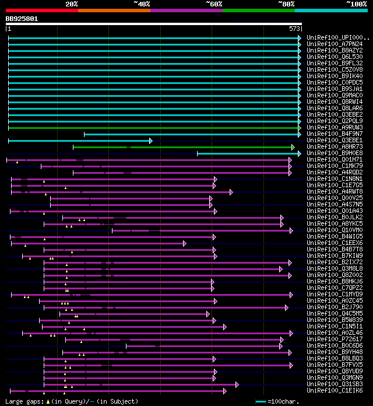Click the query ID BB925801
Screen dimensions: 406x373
pyautogui.click(x=22, y=19)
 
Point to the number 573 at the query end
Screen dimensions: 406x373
pyautogui.click(x=295, y=29)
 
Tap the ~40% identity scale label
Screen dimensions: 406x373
pyautogui.click(x=142, y=3)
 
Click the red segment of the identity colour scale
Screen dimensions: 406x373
pyautogui.click(x=41, y=10)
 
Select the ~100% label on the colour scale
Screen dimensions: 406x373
pyautogui.click(x=357, y=3)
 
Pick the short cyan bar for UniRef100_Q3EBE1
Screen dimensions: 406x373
pyautogui.click(x=79, y=141)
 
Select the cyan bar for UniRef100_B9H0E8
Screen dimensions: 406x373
pyautogui.click(x=248, y=153)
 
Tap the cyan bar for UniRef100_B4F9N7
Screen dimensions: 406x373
pyautogui.click(x=192, y=134)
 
